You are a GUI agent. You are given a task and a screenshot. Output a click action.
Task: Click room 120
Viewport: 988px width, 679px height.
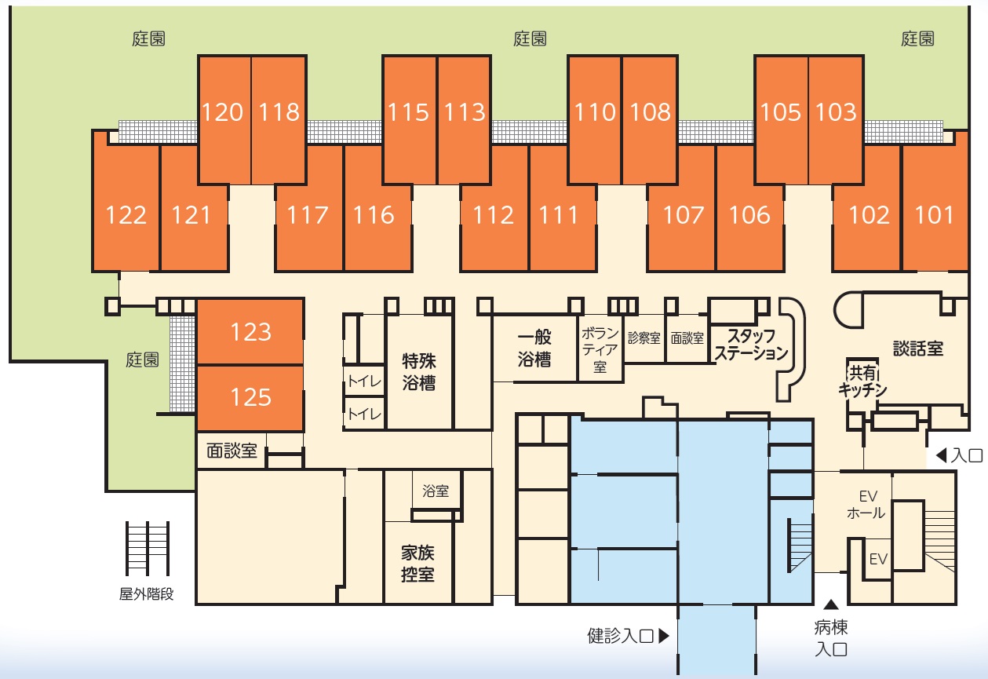pos(224,119)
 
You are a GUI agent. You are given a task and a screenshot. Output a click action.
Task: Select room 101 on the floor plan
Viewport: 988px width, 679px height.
pos(935,207)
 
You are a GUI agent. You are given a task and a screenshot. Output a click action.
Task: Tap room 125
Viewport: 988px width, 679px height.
pos(250,397)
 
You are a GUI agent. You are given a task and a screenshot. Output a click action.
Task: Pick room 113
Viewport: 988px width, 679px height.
pos(464,119)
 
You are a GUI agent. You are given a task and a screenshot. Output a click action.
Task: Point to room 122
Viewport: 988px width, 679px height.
pos(126,207)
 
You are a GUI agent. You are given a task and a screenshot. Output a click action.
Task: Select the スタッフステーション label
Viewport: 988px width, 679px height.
pos(751,345)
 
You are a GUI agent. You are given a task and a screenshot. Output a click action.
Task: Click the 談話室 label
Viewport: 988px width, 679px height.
pos(918,349)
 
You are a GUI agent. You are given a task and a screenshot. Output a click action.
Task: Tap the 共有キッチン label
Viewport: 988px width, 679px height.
pos(862,381)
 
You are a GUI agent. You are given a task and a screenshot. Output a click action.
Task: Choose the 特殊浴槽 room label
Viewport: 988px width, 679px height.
pos(418,372)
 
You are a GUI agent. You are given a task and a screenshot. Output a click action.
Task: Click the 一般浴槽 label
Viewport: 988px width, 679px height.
pos(534,349)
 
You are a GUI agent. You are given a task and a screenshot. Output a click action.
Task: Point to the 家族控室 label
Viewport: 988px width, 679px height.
pos(417,564)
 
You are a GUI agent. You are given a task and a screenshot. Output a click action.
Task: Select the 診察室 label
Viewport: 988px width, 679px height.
pos(644,338)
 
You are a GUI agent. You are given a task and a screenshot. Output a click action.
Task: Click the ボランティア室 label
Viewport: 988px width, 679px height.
pos(600,350)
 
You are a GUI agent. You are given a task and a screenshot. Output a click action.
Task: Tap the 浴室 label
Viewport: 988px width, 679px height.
pos(436,491)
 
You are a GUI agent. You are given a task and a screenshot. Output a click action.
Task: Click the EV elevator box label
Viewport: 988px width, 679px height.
pos(878,560)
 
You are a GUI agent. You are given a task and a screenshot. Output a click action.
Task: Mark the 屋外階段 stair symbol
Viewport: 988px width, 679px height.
pos(148,549)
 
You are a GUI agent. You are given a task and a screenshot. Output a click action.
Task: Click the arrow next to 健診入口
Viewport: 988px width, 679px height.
pos(664,636)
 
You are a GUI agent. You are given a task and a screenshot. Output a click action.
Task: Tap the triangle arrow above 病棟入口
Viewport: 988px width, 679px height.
pos(831,604)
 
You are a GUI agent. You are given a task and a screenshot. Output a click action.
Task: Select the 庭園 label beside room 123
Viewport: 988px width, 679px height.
pos(142,360)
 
